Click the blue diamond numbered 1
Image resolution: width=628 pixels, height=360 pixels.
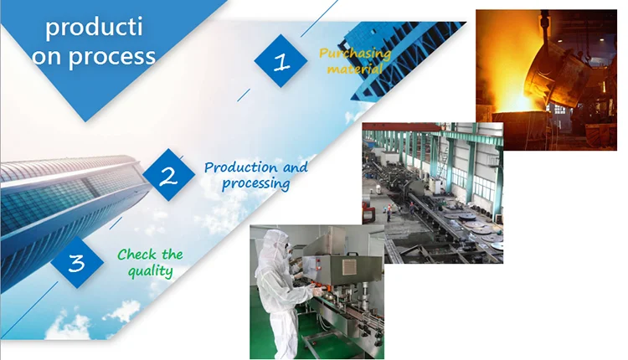(x=281, y=61)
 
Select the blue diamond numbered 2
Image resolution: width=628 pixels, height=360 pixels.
(x=168, y=175)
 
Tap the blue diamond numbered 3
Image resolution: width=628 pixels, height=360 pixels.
(x=77, y=262)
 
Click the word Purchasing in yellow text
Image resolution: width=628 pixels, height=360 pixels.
(x=355, y=54)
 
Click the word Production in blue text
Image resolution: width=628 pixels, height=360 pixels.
(x=240, y=167)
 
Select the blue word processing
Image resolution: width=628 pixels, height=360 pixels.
(x=256, y=183)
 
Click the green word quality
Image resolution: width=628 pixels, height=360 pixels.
(x=151, y=271)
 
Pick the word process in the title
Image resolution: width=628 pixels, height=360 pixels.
(x=111, y=57)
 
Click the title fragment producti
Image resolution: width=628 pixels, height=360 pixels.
(x=94, y=28)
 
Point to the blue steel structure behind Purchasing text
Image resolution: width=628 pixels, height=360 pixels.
(x=400, y=56)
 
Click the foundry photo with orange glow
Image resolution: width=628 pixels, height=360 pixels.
(x=546, y=80)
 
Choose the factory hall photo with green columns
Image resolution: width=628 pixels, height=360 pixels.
(x=433, y=193)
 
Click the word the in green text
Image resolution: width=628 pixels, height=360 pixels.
(x=172, y=255)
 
